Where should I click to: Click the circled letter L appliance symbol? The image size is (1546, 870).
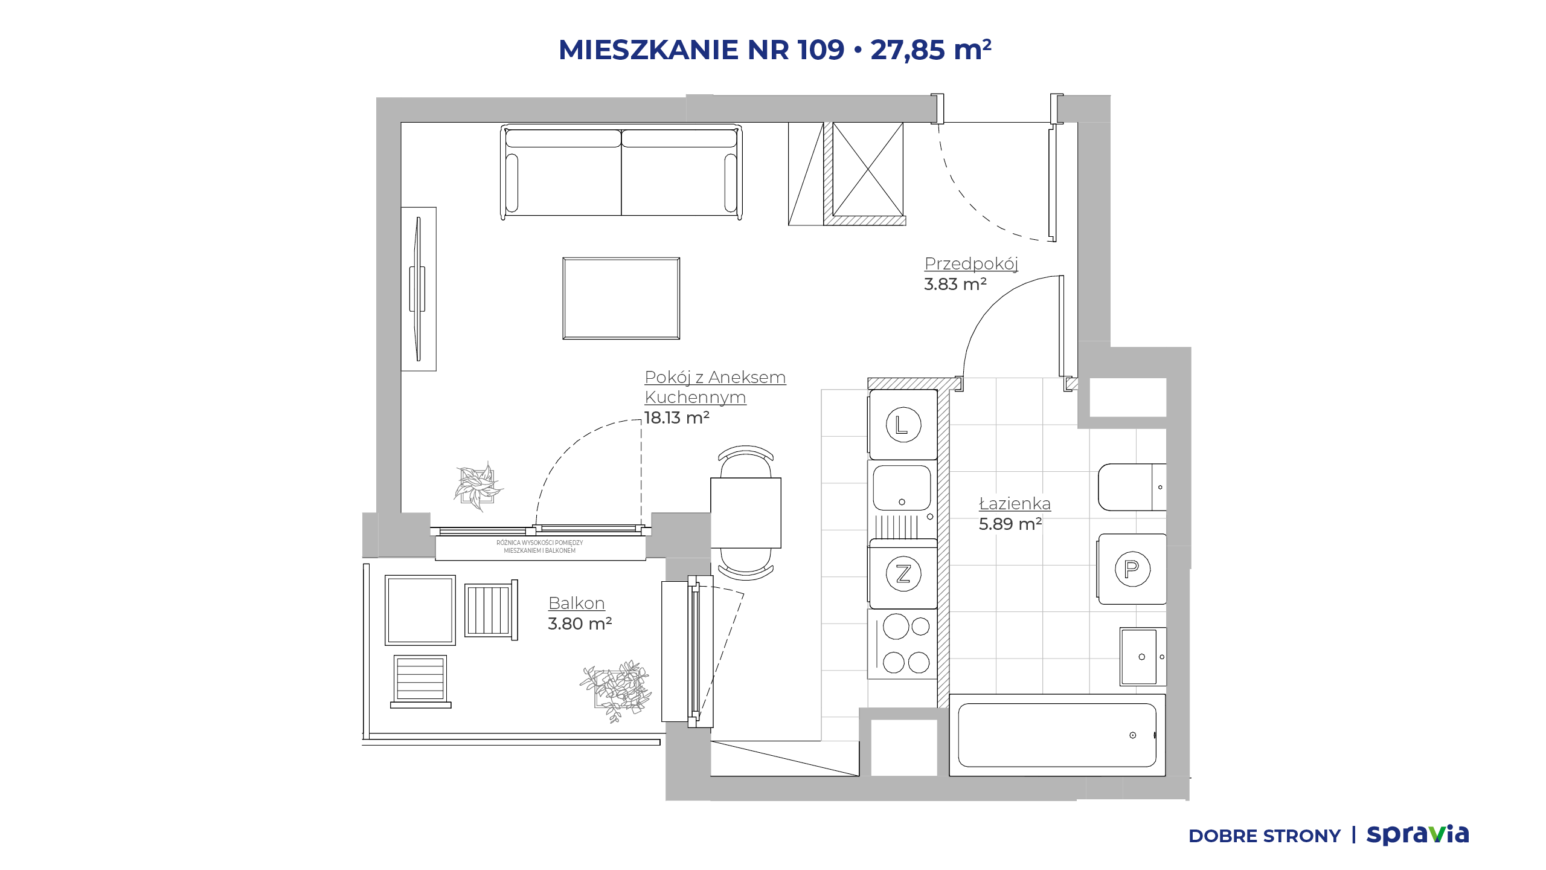903,425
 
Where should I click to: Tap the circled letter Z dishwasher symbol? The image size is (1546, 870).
903,573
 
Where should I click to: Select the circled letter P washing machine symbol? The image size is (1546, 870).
1132,569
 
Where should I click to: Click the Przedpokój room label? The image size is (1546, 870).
971,263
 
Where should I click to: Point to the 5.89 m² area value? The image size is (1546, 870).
1010,524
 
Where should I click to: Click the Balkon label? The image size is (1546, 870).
576,603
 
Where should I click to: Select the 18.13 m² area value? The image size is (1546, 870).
676,417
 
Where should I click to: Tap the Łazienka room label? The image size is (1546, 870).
1015,503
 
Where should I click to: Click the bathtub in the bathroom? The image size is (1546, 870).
1057,735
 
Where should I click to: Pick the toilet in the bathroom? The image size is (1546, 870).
1132,487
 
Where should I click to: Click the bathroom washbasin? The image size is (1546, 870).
1143,656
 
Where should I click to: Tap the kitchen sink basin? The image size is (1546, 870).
902,488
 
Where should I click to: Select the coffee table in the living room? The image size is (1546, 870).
621,298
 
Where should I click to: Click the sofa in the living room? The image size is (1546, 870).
621,172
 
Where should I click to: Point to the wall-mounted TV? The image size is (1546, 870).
417,289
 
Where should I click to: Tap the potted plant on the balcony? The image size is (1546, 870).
616,691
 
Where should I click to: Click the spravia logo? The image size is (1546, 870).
1417,834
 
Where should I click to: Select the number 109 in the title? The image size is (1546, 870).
820,50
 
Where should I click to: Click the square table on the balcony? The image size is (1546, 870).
420,610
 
